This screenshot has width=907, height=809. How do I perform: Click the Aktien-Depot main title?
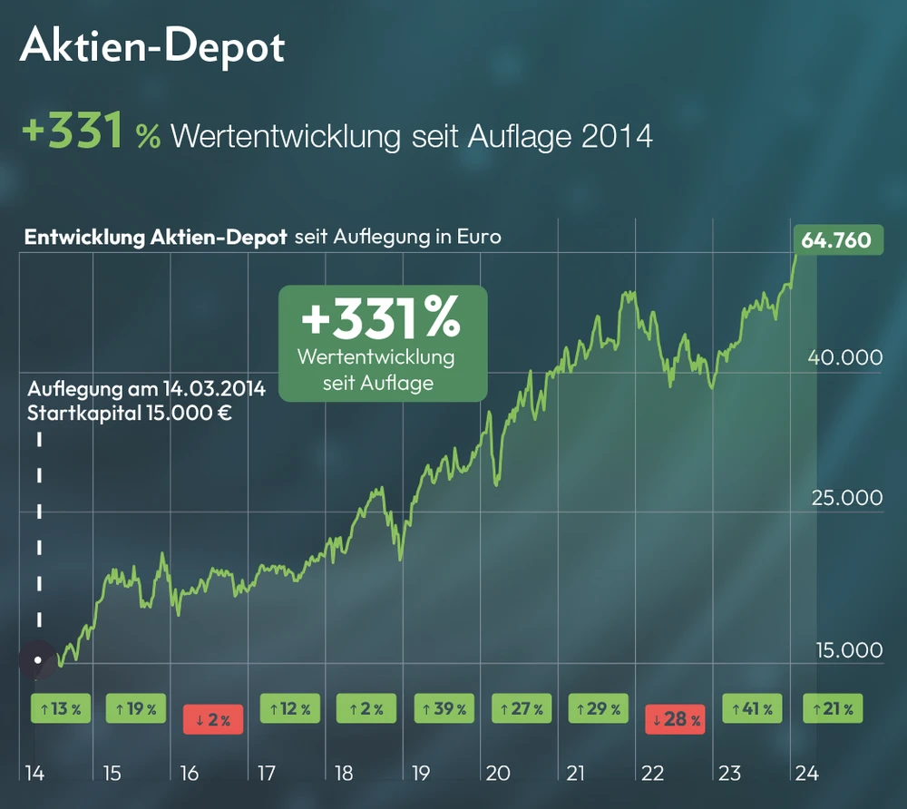[x=152, y=46]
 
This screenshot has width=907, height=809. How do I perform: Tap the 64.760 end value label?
[x=836, y=240]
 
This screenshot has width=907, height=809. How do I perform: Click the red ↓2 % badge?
[x=214, y=720]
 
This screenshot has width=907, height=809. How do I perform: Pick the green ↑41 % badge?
[x=752, y=708]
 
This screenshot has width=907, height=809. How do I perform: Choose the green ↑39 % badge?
[x=444, y=708]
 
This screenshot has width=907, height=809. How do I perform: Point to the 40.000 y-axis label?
[x=844, y=356]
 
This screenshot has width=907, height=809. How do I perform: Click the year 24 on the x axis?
[x=805, y=774]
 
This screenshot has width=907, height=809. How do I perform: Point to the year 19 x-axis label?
[x=421, y=774]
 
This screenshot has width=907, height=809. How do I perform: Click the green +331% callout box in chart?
[x=382, y=343]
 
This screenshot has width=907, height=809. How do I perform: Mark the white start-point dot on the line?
[x=37, y=660]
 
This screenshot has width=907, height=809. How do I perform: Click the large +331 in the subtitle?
[x=73, y=133]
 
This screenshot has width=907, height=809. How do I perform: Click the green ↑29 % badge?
[x=598, y=708]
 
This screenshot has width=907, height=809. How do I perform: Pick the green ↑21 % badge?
[x=834, y=708]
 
